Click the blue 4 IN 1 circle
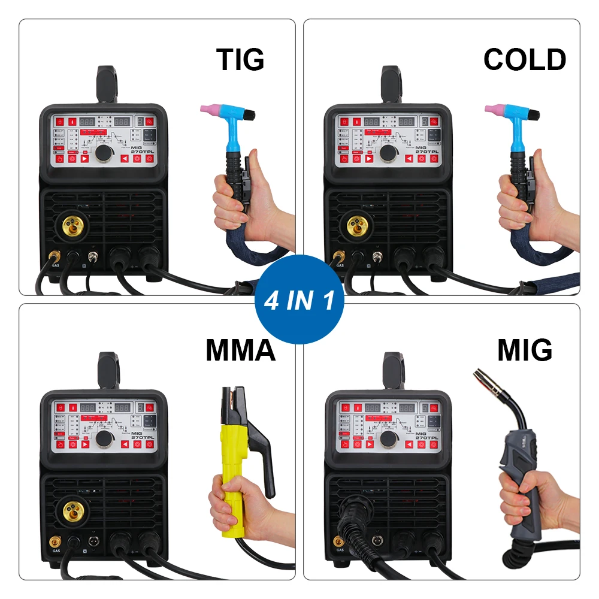coord(299,299)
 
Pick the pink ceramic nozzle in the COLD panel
coord(493,110)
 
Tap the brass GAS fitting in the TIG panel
coord(55,257)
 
